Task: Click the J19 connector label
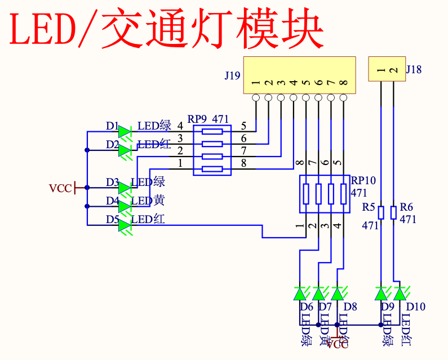pyautogui.click(x=232, y=75)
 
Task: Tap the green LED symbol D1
pyautogui.click(x=125, y=131)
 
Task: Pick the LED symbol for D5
pyautogui.click(x=125, y=225)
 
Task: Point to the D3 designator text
pyautogui.click(x=112, y=183)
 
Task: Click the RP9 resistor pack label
pyautogui.click(x=197, y=119)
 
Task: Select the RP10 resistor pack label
pyautogui.click(x=363, y=181)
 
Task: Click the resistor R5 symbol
pyautogui.click(x=381, y=212)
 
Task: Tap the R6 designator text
pyautogui.click(x=406, y=207)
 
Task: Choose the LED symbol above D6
pyautogui.click(x=300, y=294)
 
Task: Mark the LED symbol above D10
pyautogui.click(x=400, y=294)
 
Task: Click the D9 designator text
pyautogui.click(x=388, y=307)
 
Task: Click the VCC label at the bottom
pyautogui.click(x=338, y=344)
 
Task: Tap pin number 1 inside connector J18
pyautogui.click(x=381, y=70)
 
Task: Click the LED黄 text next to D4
pyautogui.click(x=148, y=201)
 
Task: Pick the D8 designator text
pyautogui.click(x=350, y=307)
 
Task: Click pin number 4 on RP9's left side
pyautogui.click(x=180, y=125)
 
